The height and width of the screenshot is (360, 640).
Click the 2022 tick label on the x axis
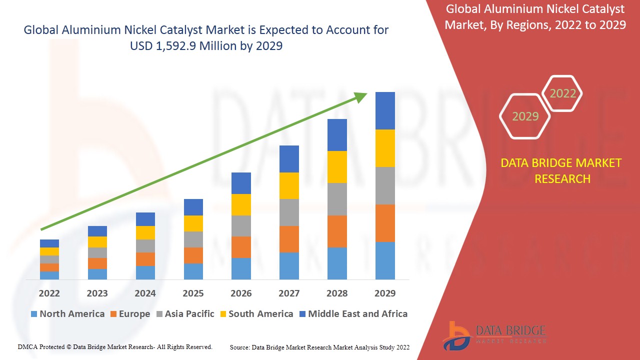pyautogui.click(x=49, y=293)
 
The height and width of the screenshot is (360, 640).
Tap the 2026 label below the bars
pyautogui.click(x=241, y=293)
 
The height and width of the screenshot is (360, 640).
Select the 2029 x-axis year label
pyautogui.click(x=384, y=293)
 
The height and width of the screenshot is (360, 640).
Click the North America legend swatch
pyautogui.click(x=34, y=314)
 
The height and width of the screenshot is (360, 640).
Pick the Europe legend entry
pyautogui.click(x=129, y=314)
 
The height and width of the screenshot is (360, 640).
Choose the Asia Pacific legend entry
pyautogui.click(x=185, y=314)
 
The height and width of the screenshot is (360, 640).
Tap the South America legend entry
pyautogui.click(x=255, y=314)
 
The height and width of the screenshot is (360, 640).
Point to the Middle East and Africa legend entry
pyautogui.click(x=353, y=314)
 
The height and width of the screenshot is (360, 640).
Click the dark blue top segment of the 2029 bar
pyautogui.click(x=385, y=110)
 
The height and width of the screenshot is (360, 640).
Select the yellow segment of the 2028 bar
pyautogui.click(x=337, y=166)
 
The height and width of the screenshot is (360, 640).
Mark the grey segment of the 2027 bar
pyautogui.click(x=289, y=212)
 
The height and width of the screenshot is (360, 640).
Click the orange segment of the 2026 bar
pyautogui.click(x=241, y=247)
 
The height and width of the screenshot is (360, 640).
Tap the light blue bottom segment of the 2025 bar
pyautogui.click(x=193, y=271)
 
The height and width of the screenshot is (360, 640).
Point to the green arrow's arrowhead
pyautogui.click(x=361, y=96)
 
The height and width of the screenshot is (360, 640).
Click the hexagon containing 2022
pyautogui.click(x=562, y=93)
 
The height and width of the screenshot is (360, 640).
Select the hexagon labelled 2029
pyautogui.click(x=525, y=116)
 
